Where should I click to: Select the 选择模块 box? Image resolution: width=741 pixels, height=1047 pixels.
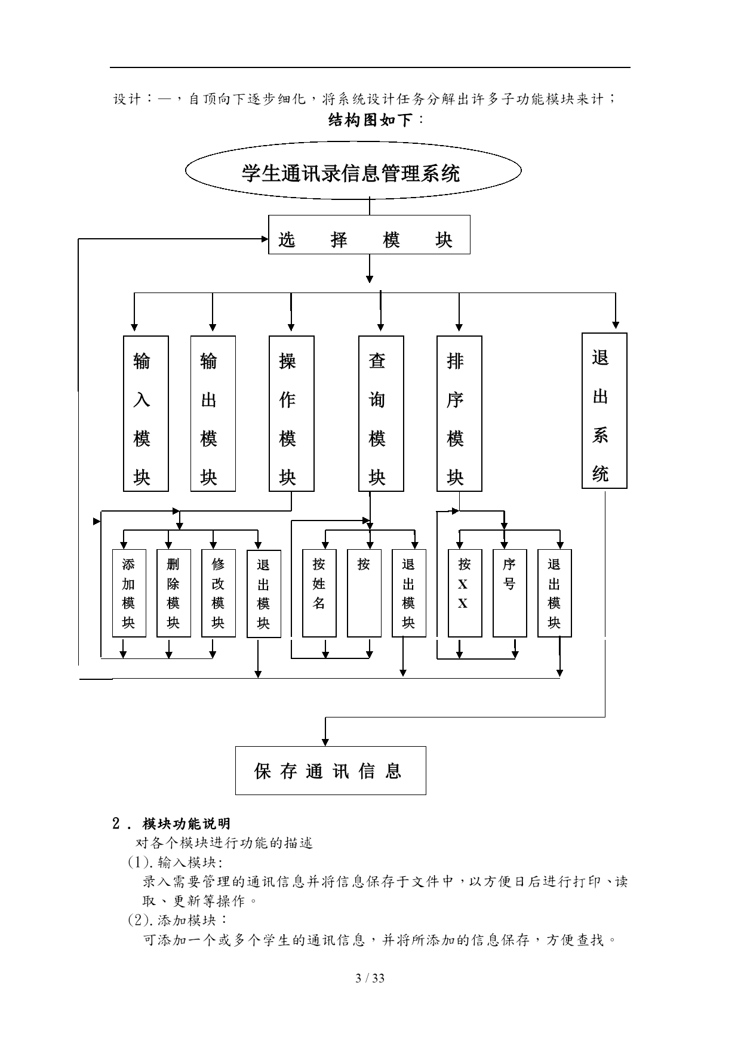tap(369, 235)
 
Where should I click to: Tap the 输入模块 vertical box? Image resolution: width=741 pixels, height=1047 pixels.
tap(146, 414)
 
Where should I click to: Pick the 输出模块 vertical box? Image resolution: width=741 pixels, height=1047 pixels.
tap(213, 414)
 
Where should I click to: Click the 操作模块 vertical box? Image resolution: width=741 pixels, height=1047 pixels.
tap(291, 414)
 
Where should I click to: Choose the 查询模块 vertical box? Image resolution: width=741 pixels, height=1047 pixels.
tap(381, 414)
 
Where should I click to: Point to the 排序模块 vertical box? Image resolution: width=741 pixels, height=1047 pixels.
tap(459, 414)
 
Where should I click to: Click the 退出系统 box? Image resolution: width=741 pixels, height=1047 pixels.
tap(604, 411)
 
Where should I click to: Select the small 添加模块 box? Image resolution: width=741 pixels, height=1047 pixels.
tap(129, 593)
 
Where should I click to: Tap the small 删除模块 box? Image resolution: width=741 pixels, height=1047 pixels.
tap(174, 593)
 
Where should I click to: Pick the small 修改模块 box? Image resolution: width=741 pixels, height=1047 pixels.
tap(219, 593)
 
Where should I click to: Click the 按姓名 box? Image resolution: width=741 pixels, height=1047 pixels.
tap(319, 593)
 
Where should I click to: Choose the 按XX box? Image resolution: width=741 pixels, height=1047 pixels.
tap(465, 593)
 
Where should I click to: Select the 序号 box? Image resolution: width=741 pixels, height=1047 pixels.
tap(509, 593)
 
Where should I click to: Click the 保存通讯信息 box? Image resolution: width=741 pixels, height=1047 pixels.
tap(330, 771)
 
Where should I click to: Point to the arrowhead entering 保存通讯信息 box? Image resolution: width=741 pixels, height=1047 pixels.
tap(325, 742)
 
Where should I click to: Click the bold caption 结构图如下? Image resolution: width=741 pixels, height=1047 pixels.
tap(371, 121)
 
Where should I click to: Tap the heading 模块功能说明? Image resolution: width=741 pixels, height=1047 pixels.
tap(186, 824)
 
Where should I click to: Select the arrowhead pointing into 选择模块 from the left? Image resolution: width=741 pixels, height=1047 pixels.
tap(265, 239)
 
